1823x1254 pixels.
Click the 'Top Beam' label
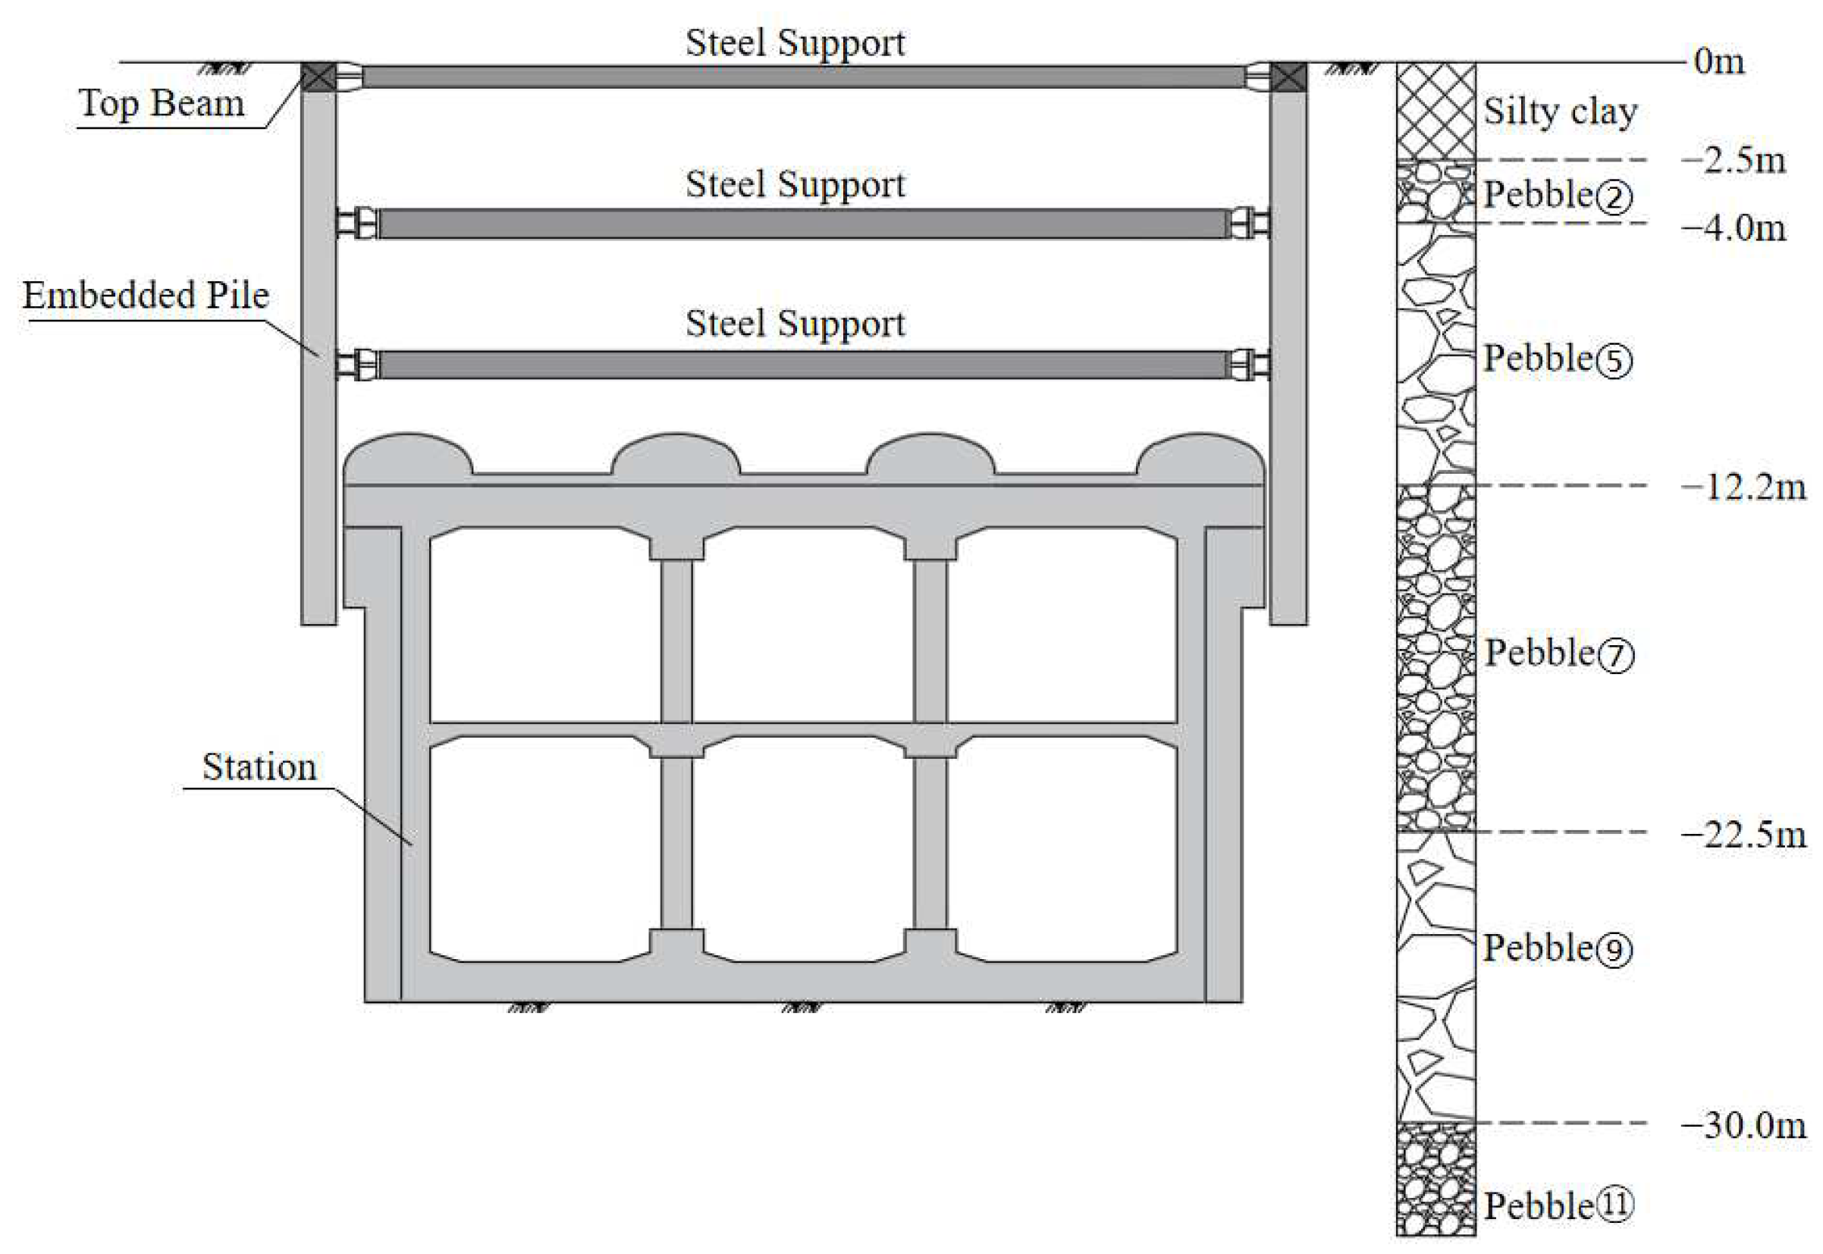point(161,103)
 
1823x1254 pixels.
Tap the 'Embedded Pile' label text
point(146,296)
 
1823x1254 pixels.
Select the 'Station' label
point(259,767)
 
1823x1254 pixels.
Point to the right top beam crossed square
point(1288,77)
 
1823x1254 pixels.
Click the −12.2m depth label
point(1743,488)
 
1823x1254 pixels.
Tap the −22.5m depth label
point(1743,835)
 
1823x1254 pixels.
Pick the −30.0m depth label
point(1743,1126)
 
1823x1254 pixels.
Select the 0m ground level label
point(1719,61)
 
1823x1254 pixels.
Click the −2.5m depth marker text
point(1734,160)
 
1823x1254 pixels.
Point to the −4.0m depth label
point(1734,229)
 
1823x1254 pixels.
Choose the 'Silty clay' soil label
point(1560,111)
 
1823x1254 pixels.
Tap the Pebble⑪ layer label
point(1559,1206)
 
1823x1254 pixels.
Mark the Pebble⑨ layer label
point(1558,948)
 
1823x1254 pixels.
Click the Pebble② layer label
point(1558,196)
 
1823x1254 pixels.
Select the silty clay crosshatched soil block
point(1435,111)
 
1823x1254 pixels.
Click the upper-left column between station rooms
point(676,641)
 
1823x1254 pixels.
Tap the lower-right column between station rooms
point(930,843)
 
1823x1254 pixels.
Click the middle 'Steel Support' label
point(795,185)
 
